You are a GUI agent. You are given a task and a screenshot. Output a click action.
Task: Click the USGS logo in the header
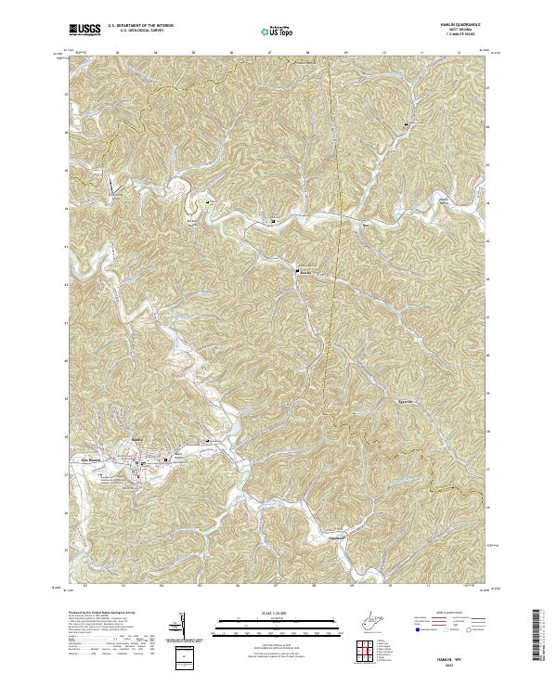(x=84, y=30)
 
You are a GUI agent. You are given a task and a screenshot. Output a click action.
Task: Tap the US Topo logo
(x=278, y=32)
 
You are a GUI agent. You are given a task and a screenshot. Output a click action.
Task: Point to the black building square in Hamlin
(x=167, y=459)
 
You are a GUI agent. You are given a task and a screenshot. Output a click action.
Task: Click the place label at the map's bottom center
(x=335, y=536)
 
